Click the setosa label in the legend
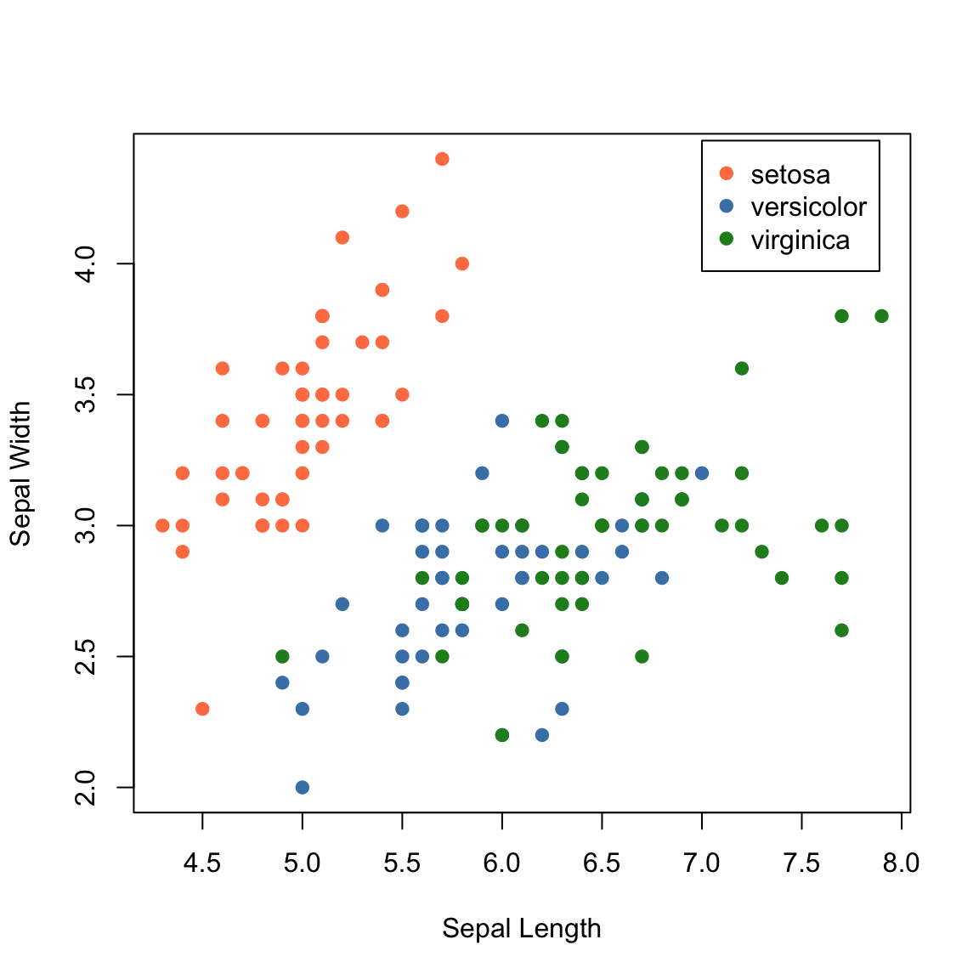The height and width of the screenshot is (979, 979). [790, 174]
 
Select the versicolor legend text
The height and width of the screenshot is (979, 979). [808, 207]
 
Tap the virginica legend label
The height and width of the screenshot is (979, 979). [800, 241]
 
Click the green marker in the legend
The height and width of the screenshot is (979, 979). [726, 240]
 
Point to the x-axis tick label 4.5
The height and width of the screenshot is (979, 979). [202, 863]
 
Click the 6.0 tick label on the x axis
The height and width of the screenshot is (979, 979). [501, 863]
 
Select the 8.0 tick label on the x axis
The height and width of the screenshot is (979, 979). [901, 863]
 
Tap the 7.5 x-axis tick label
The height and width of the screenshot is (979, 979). [801, 863]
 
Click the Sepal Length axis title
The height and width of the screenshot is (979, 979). [521, 928]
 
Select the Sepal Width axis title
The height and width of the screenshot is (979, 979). [20, 473]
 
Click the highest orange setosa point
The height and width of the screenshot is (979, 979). [442, 159]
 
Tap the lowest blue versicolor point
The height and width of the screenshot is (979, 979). [302, 787]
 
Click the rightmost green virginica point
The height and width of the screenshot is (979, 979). [881, 316]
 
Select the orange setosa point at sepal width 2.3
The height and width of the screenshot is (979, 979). [202, 709]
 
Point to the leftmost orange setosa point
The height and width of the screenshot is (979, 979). [162, 525]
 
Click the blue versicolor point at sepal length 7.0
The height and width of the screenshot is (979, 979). [701, 473]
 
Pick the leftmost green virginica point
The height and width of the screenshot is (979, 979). [282, 656]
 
